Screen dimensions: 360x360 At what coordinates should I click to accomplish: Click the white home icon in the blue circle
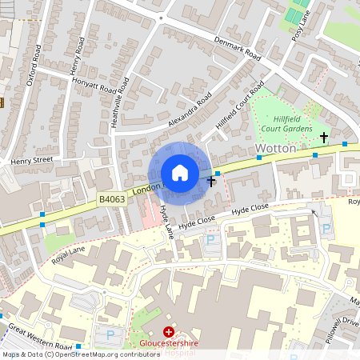point(180,173)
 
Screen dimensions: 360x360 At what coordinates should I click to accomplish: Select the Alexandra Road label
point(190,110)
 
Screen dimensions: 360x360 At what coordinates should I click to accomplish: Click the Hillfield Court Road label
point(239,105)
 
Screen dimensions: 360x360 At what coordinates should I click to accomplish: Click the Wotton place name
point(276,149)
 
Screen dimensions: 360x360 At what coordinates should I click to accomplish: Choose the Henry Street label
point(31,161)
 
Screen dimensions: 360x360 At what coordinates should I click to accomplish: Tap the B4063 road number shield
point(111,198)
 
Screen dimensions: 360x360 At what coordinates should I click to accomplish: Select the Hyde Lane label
point(166,219)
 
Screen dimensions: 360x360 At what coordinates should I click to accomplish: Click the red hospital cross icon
point(168,331)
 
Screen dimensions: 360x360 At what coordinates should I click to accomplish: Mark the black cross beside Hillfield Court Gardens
point(324,138)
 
